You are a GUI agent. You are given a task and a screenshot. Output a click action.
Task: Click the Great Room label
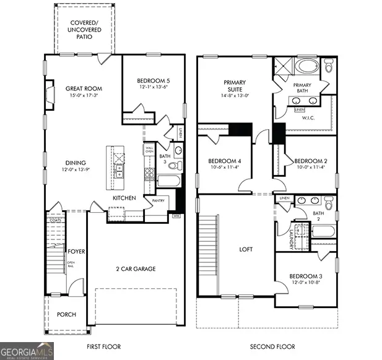click(84, 88)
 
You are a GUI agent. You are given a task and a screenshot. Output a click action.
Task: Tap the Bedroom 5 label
click(152, 80)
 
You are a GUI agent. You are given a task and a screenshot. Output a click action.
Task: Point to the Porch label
click(66, 315)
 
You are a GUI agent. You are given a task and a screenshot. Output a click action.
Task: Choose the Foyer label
click(77, 252)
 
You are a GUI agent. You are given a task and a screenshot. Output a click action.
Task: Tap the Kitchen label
click(124, 198)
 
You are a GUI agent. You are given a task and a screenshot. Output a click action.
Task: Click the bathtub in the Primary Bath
click(306, 67)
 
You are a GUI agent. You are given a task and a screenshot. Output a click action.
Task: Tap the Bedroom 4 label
click(224, 161)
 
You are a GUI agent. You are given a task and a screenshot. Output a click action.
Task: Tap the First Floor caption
click(103, 347)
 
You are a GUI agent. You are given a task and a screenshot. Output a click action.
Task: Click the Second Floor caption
click(272, 347)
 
